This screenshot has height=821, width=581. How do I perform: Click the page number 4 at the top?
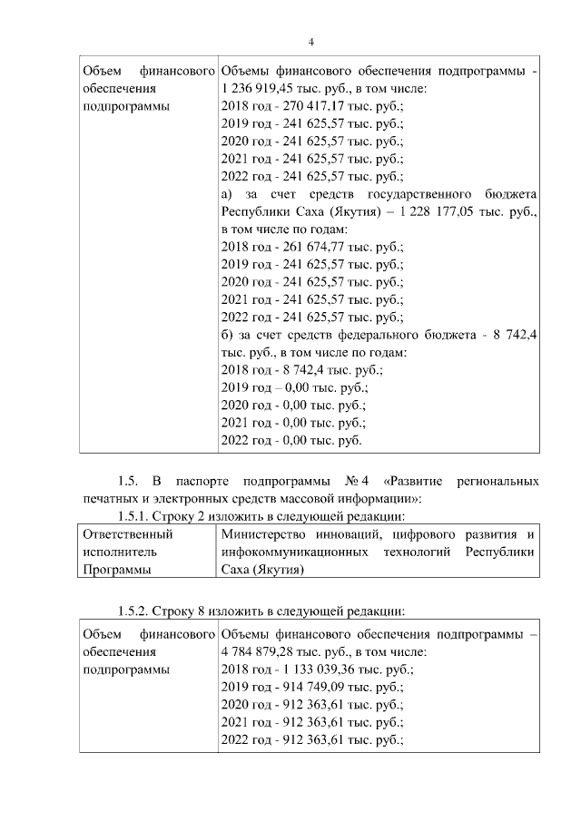point(311,43)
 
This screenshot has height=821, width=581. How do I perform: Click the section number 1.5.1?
point(125,516)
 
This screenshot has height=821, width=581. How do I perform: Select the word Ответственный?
point(127,534)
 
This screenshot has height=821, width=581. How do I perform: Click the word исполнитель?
point(119,552)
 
